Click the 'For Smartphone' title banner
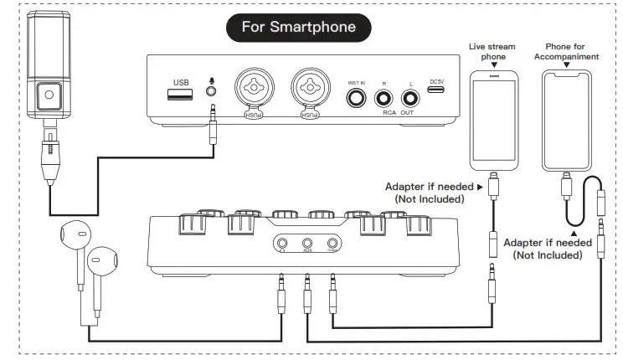[298, 27]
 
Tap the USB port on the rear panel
[181, 95]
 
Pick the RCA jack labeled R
[385, 100]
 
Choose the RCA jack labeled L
[411, 100]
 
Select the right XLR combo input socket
[308, 91]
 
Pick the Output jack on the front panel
[332, 243]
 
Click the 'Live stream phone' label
[493, 53]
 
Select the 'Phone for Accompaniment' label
[572, 52]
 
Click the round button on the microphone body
[49, 96]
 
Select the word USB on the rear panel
[181, 82]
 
